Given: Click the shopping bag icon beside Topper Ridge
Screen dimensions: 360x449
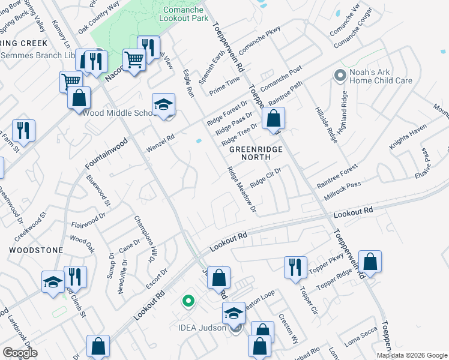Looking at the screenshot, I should point(370,262).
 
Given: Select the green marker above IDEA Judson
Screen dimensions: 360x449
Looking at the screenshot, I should point(188,301).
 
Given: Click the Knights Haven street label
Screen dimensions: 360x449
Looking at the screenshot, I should point(406,139).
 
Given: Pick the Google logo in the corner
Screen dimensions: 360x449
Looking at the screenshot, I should point(20,353).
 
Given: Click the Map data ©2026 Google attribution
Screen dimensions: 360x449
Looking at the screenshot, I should point(411,355).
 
